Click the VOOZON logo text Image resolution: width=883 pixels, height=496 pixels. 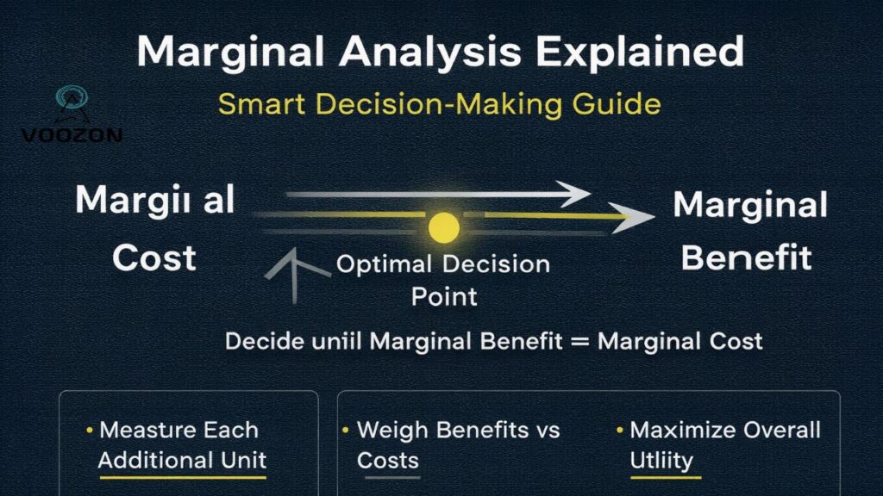[72, 135]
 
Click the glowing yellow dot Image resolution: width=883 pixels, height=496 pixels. [444, 226]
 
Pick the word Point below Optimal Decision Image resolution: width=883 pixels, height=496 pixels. [444, 297]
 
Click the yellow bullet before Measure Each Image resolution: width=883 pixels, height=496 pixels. [90, 429]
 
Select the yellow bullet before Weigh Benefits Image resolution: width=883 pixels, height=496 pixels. [346, 429]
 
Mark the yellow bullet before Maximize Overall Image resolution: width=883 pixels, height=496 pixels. [620, 429]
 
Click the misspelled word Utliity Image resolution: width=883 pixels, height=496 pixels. [661, 461]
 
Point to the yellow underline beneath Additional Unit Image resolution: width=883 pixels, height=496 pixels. [182, 477]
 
